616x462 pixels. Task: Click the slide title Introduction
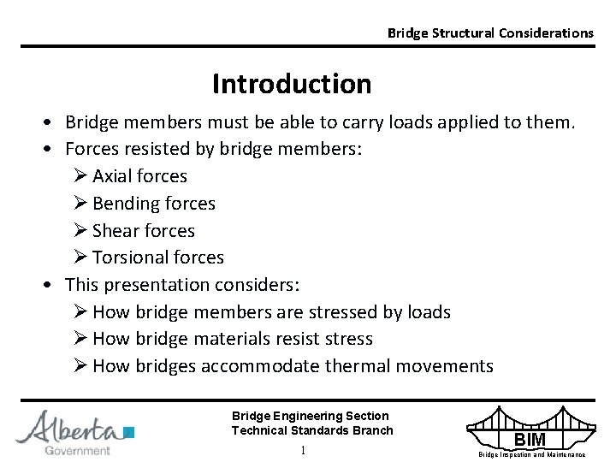point(292,84)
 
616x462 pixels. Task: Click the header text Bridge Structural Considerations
point(489,33)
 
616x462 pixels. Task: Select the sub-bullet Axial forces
point(139,176)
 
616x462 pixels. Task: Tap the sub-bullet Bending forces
point(153,204)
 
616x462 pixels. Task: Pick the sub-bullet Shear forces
point(143,231)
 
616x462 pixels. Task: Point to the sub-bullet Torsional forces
point(157,258)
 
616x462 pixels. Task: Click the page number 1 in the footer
point(303,450)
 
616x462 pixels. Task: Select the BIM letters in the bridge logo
point(529,440)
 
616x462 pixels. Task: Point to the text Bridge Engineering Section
point(310,416)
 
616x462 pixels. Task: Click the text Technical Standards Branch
point(312,430)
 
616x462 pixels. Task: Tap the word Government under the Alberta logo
point(77,450)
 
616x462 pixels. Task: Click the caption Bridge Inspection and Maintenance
point(531,454)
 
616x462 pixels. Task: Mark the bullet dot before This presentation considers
point(53,285)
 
